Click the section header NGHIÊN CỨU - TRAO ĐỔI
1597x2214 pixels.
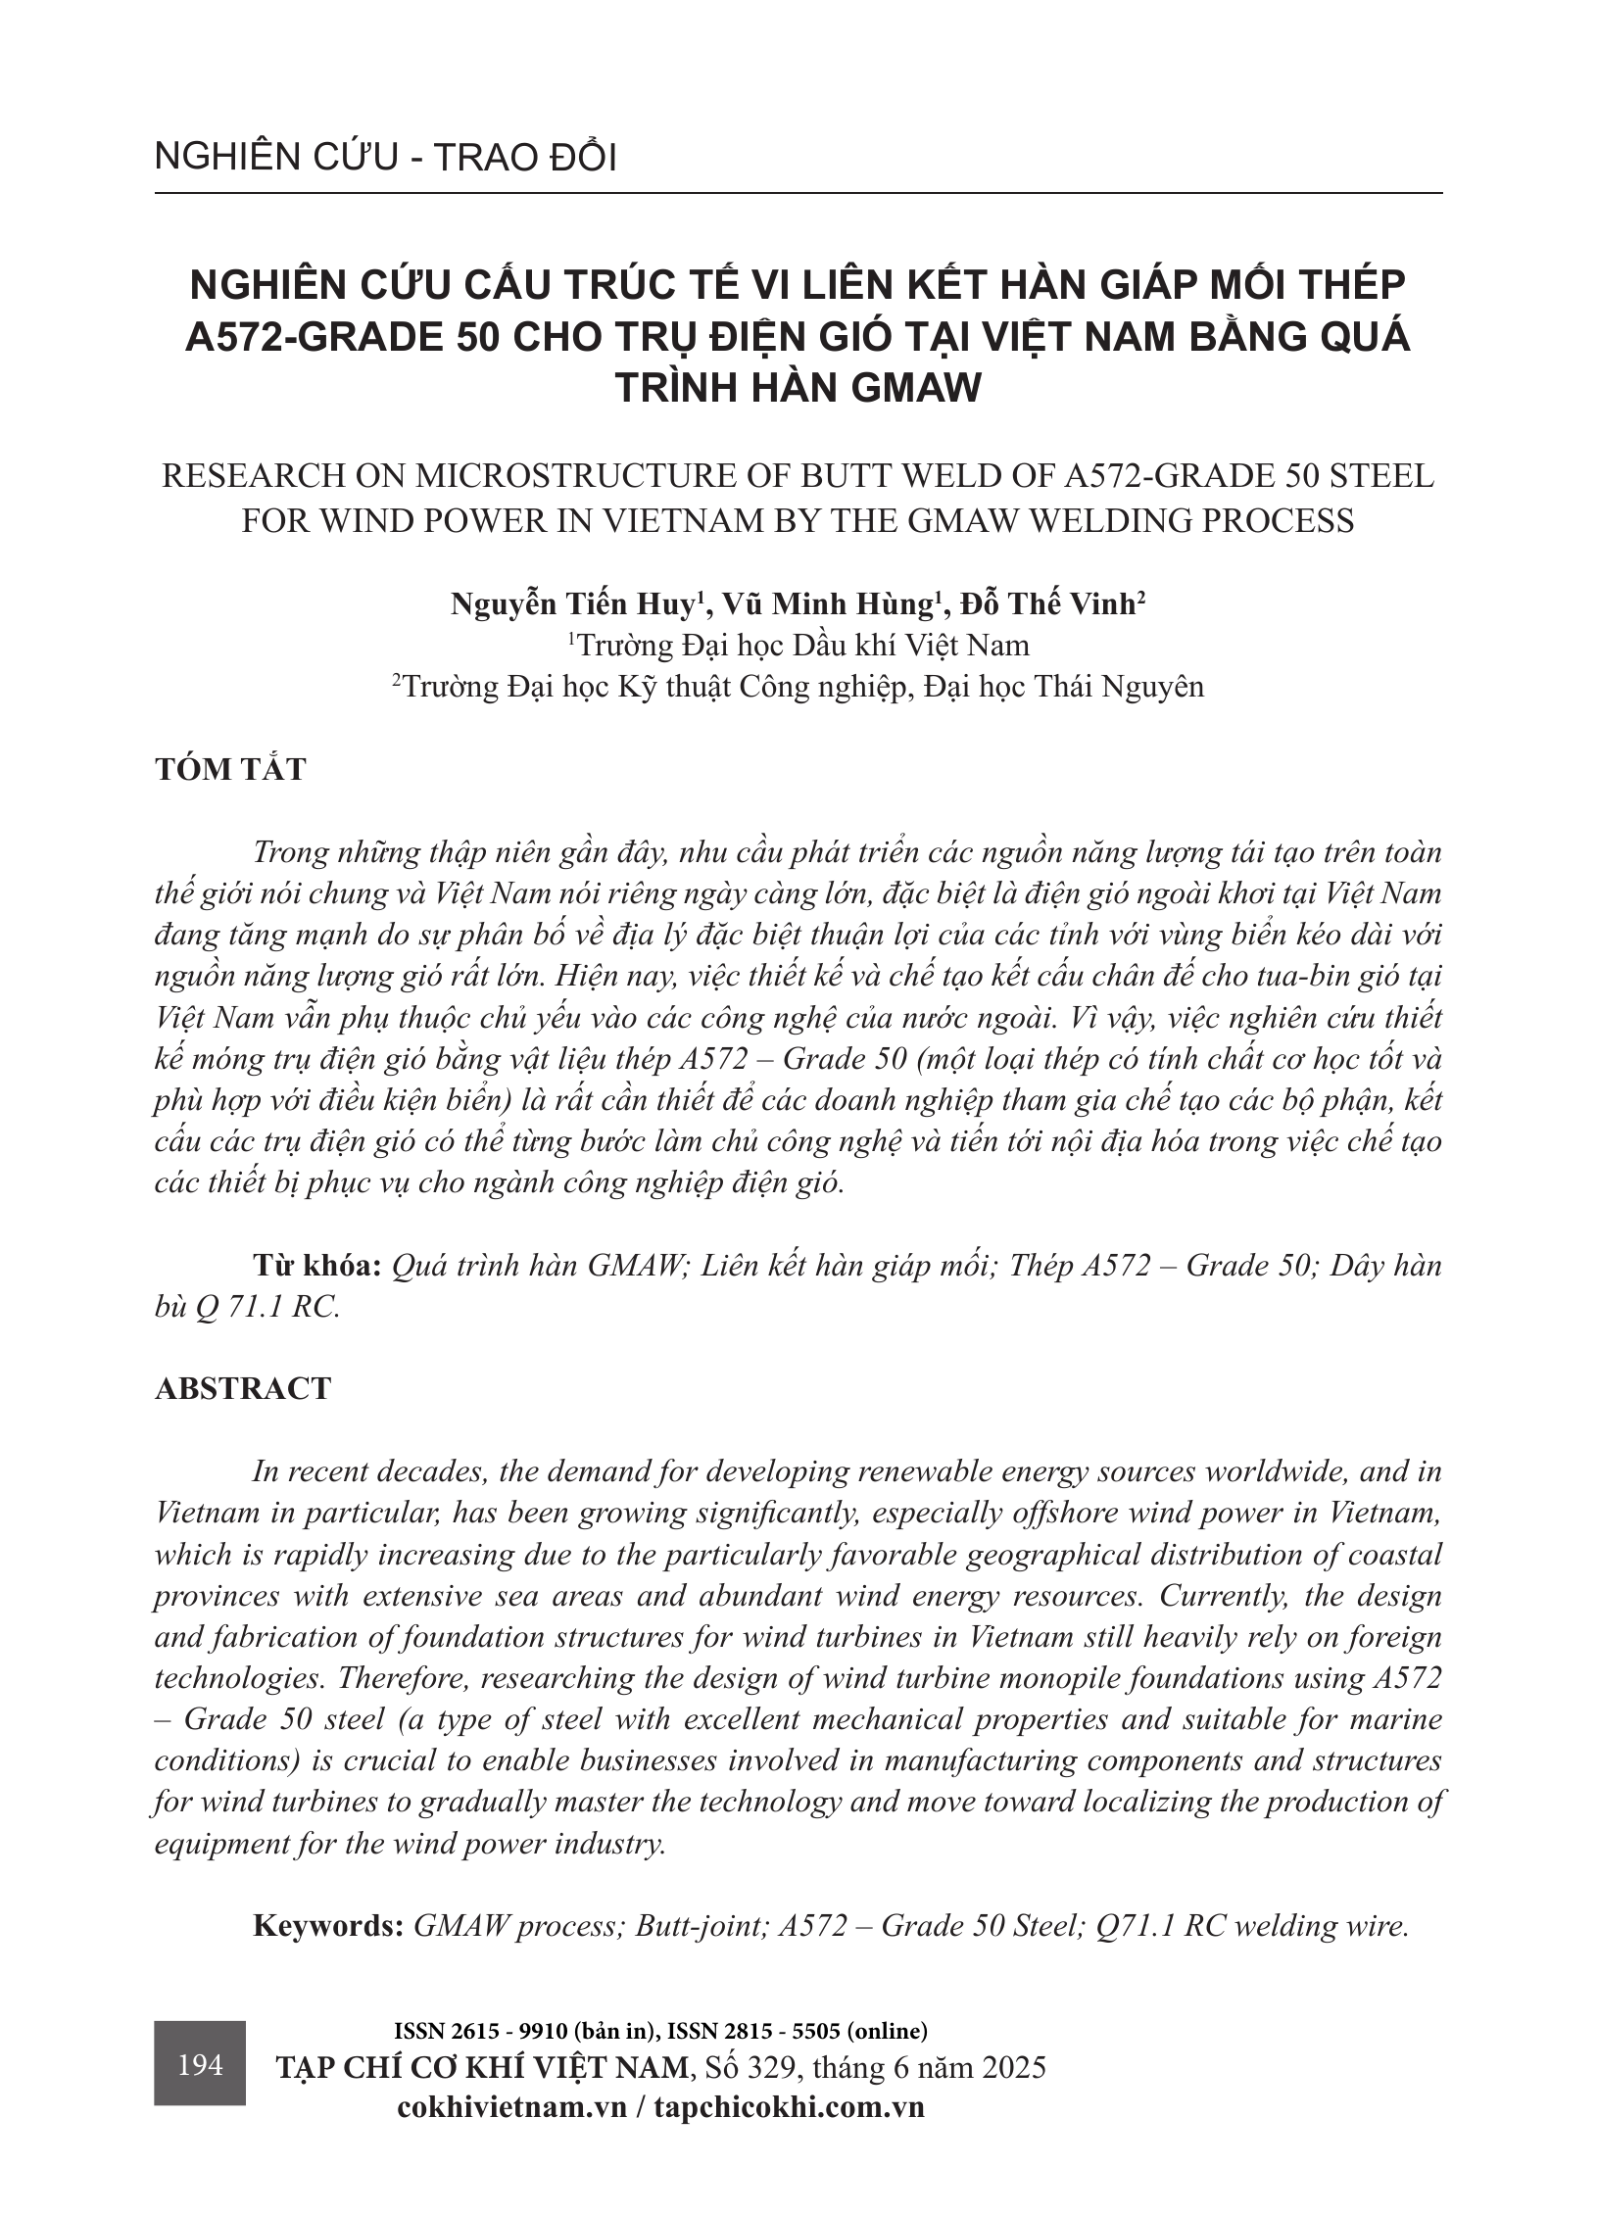385,159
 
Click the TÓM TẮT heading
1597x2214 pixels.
230,769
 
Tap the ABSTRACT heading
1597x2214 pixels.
243,1389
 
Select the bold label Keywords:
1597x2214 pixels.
328,1926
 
